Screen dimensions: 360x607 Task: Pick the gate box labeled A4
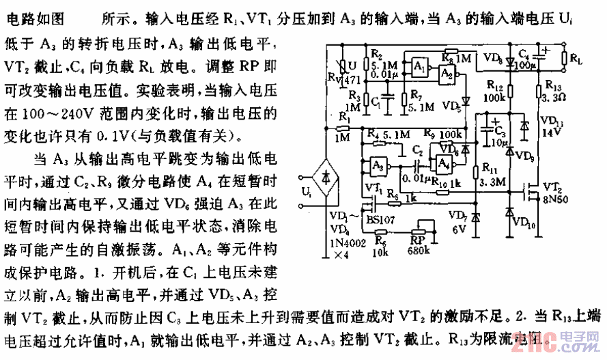pos(444,164)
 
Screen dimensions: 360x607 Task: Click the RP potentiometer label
pos(416,240)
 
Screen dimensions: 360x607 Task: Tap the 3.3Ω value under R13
pos(552,98)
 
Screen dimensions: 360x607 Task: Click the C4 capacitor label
pos(524,53)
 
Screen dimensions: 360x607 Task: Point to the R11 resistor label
pos(490,167)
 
